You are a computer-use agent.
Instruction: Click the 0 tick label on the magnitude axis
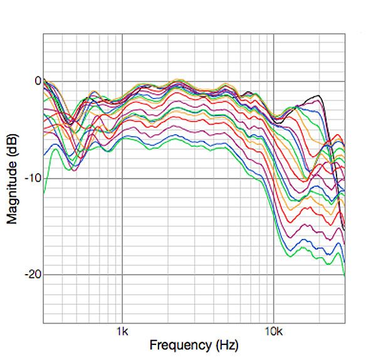37,81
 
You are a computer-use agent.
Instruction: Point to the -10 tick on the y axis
32,178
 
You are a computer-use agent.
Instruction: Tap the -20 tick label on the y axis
32,275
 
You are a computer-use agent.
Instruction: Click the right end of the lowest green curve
345,275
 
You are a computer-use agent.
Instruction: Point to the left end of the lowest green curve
43,196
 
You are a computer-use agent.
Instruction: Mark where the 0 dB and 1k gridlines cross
122,81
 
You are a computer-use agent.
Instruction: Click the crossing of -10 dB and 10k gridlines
273,178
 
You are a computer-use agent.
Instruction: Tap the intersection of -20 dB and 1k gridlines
122,275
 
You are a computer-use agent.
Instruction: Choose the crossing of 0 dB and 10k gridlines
273,81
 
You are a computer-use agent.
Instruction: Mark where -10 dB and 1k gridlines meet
122,178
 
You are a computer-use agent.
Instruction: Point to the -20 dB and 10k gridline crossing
273,275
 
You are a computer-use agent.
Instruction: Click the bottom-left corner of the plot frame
43,323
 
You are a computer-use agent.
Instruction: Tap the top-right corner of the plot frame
345,33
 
